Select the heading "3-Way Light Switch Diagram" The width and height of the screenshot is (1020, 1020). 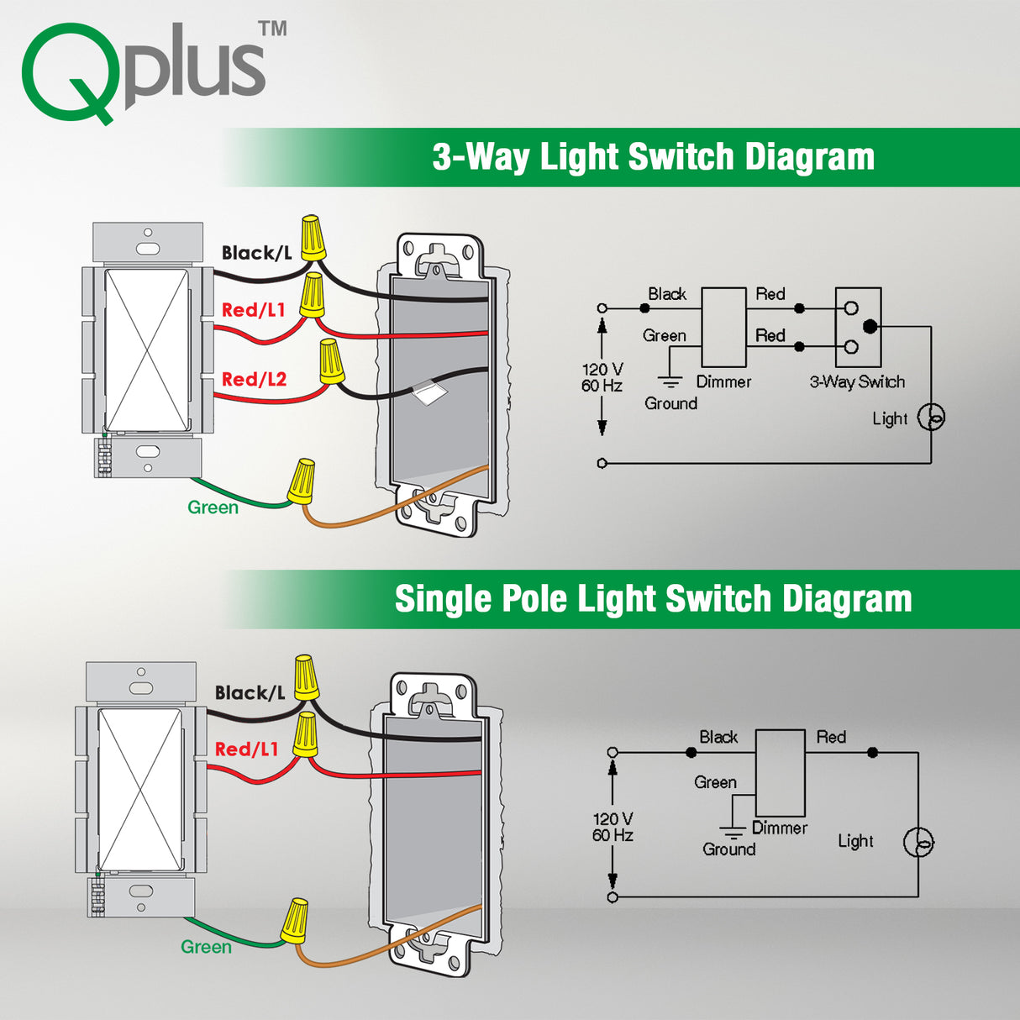tap(653, 157)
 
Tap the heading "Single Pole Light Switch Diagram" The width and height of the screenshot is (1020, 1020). tap(653, 599)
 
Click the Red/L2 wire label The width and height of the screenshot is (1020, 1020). tap(254, 380)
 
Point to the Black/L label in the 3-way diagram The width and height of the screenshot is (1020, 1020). tap(256, 253)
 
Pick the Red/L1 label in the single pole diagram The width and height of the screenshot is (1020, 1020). tap(246, 749)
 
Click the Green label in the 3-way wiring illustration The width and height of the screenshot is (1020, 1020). tap(213, 507)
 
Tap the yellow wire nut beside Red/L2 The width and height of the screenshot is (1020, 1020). tap(331, 361)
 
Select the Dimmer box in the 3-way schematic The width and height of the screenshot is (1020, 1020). tap(723, 327)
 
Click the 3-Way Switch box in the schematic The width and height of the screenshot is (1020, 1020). tap(858, 327)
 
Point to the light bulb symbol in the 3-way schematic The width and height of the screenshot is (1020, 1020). tap(931, 417)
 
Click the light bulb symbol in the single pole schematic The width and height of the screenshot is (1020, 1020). tap(917, 842)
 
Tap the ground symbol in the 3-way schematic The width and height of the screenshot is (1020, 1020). tap(670, 382)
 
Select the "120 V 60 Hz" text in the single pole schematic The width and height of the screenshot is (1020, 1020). tap(613, 827)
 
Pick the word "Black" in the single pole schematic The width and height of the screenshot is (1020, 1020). tap(718, 737)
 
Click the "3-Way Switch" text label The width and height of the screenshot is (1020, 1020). tap(857, 382)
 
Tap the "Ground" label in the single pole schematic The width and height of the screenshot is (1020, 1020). tap(728, 849)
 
